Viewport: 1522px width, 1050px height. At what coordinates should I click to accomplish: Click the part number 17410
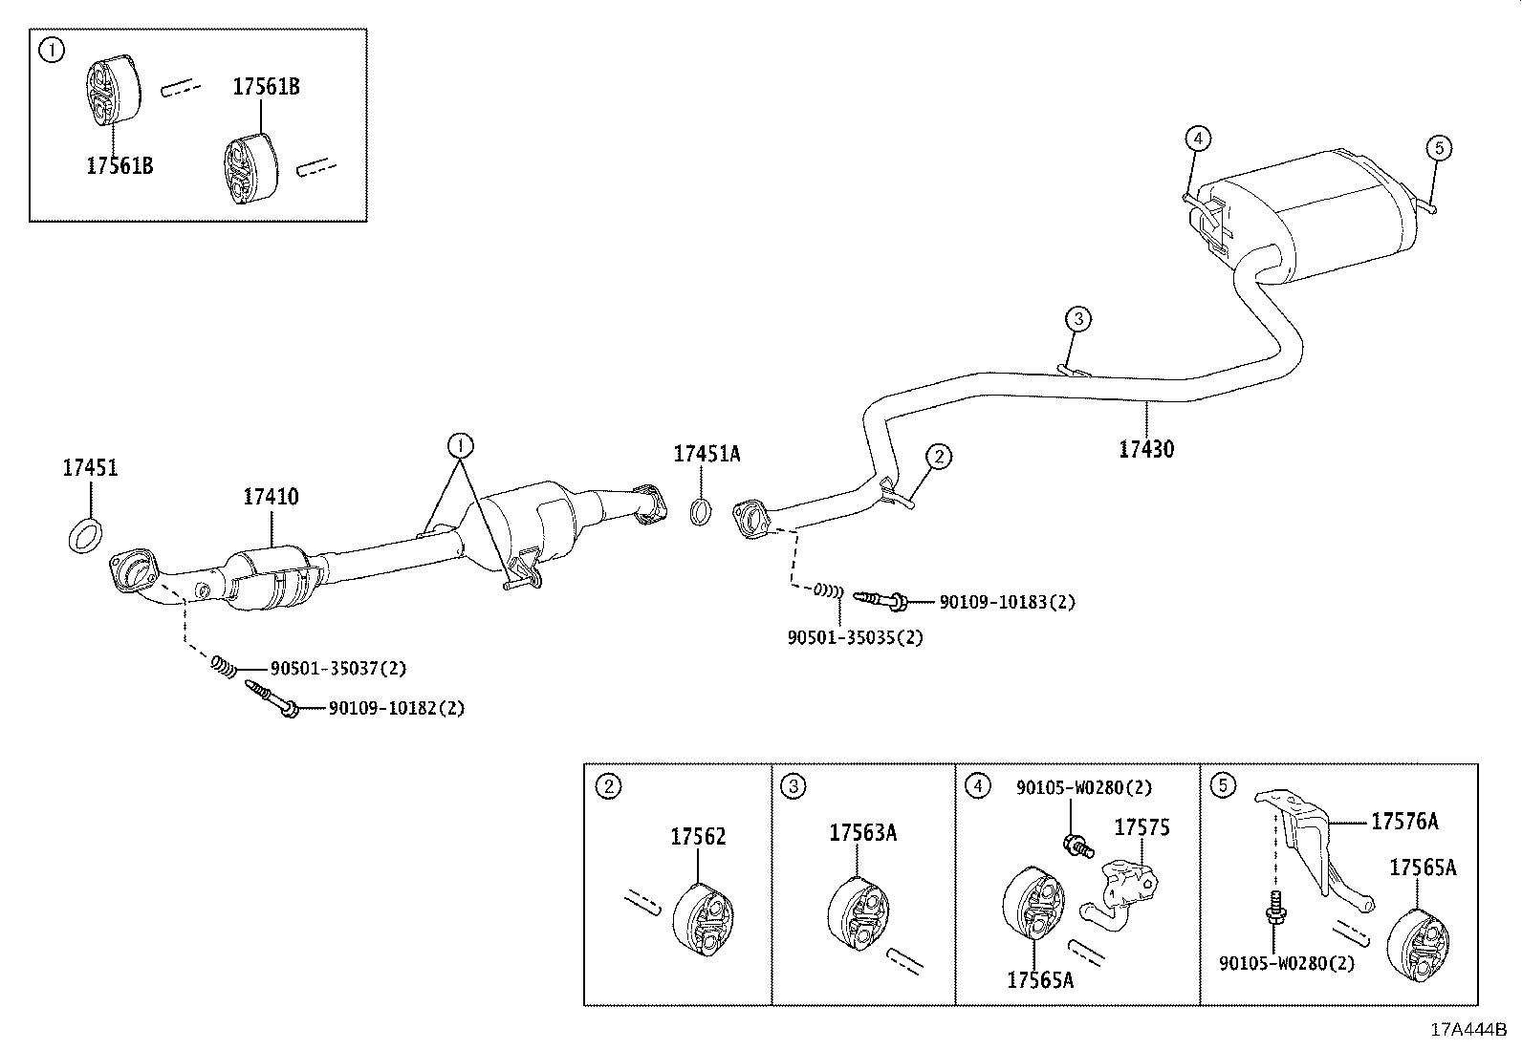click(270, 497)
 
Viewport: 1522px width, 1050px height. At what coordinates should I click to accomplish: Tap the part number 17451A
click(707, 454)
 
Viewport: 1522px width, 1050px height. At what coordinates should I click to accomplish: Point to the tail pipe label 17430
click(1146, 448)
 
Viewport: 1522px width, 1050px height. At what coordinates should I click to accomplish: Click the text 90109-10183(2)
click(1007, 602)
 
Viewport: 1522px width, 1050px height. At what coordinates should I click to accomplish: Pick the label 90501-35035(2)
click(856, 636)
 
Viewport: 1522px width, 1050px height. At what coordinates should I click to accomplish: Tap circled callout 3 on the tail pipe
click(1077, 318)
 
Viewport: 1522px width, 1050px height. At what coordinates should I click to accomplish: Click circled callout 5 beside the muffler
click(1439, 147)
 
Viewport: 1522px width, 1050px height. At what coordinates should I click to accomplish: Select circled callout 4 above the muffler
click(1197, 139)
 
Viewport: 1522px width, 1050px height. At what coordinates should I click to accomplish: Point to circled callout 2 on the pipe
click(939, 457)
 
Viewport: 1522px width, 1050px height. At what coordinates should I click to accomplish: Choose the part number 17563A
click(862, 832)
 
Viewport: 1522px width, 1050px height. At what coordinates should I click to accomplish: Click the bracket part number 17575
click(1141, 826)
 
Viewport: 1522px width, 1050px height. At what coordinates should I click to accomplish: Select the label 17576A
click(1404, 821)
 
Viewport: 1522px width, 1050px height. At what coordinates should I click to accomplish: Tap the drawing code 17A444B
click(1468, 1029)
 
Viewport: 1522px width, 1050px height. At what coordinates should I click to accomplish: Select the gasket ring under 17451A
click(701, 511)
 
